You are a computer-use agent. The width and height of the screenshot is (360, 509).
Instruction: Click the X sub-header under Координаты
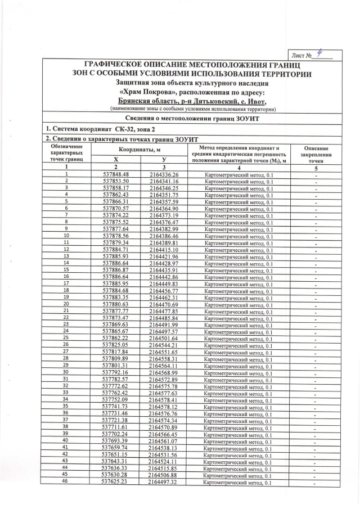coord(116,160)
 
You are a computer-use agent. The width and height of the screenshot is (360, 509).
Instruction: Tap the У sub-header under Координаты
coord(164,160)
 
